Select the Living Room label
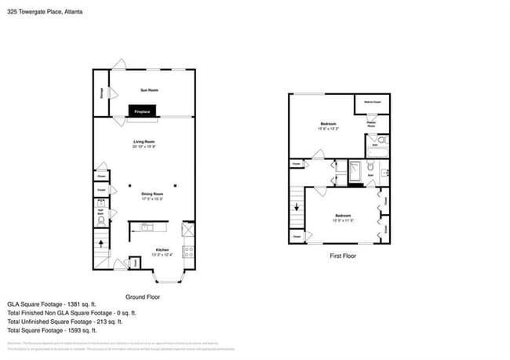point(144,143)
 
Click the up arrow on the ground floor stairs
point(100,243)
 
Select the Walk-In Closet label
point(373,101)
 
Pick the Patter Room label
point(372,122)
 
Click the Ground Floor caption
point(144,297)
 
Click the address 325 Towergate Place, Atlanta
point(45,13)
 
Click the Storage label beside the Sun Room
point(101,94)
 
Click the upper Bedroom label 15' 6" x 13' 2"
point(329,125)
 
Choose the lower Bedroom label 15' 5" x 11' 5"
point(344,217)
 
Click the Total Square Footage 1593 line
point(58,330)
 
